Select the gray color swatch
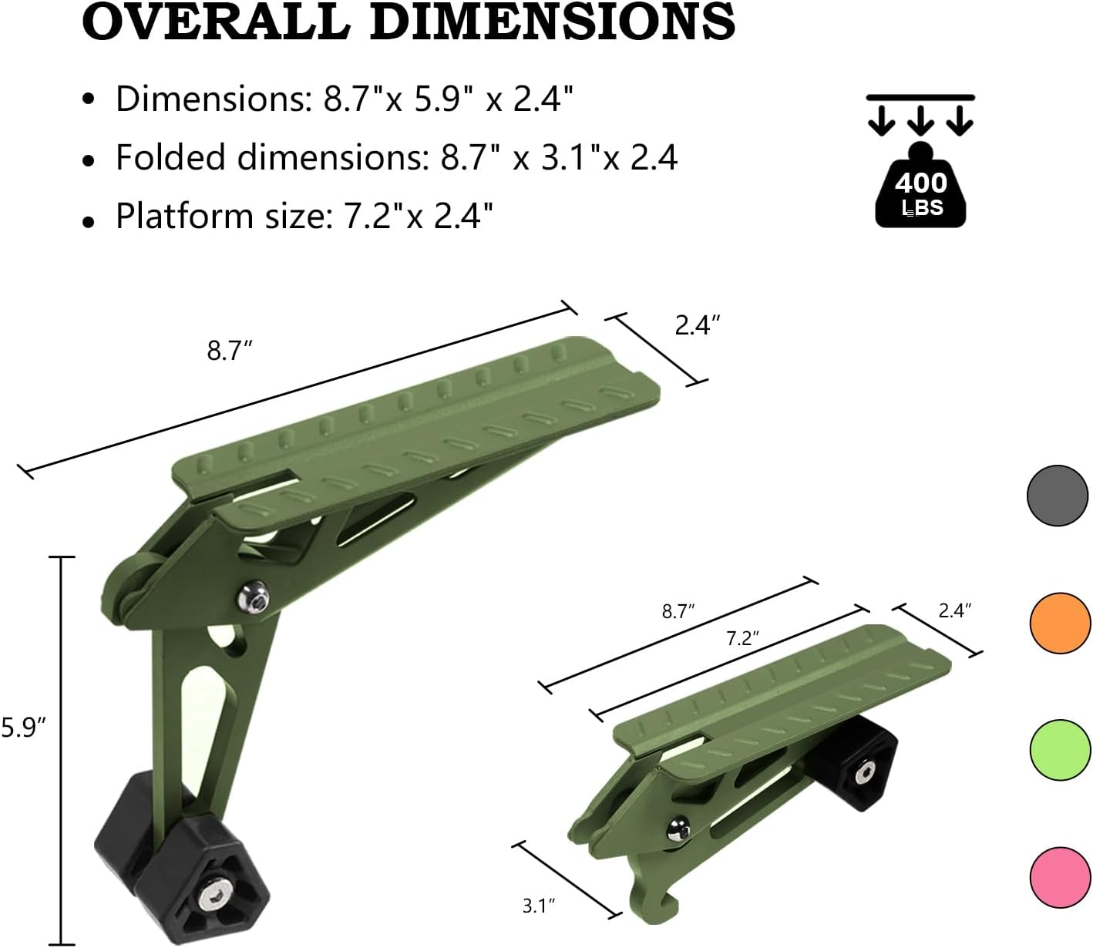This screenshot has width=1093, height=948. tap(1058, 496)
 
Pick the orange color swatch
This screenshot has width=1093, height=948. tap(1060, 624)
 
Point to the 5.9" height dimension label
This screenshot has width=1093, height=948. tap(25, 727)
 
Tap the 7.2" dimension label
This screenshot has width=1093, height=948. tap(743, 638)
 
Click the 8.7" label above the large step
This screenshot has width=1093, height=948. tap(230, 351)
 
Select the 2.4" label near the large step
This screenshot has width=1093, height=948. tap(698, 326)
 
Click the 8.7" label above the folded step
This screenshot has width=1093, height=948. tap(678, 611)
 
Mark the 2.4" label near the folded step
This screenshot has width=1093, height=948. tap(954, 610)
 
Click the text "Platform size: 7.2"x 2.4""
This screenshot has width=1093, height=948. tap(304, 216)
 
